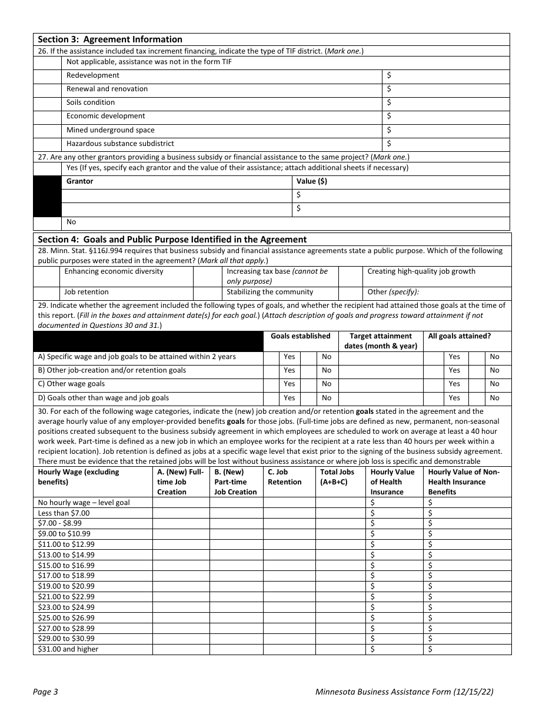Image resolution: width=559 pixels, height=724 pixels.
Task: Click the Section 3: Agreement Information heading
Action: click(110, 39)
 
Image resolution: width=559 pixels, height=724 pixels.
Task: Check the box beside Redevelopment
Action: click(48, 76)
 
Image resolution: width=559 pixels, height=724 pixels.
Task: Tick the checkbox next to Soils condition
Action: click(48, 103)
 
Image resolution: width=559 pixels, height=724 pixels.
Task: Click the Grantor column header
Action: click(80, 181)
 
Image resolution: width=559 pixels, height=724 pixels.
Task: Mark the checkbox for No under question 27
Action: click(48, 222)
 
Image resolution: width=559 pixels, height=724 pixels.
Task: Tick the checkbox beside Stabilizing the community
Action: click(208, 293)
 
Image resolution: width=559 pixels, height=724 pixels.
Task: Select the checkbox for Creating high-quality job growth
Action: click(350, 276)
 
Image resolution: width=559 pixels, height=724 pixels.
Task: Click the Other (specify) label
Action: click(393, 292)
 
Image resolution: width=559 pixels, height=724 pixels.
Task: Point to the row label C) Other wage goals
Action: click(71, 384)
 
